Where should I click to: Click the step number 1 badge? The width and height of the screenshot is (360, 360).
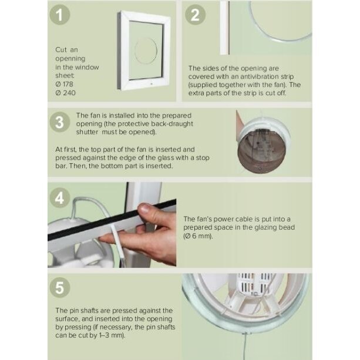click(x=60, y=15)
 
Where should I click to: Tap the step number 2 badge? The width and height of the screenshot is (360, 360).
click(x=195, y=15)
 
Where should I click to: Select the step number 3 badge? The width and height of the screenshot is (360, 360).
click(x=60, y=122)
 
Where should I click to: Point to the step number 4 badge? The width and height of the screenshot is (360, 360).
click(x=60, y=198)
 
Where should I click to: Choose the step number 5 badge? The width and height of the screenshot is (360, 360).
click(x=60, y=287)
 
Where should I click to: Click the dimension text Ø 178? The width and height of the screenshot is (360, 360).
click(x=64, y=84)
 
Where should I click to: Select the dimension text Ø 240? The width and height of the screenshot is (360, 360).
click(x=65, y=93)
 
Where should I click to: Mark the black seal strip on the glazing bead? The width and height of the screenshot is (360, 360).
click(x=112, y=220)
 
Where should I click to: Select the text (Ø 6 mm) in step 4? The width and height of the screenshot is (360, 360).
click(x=198, y=236)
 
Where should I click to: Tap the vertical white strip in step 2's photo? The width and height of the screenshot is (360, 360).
click(x=224, y=28)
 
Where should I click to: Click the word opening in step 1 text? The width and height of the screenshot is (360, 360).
click(x=70, y=59)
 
